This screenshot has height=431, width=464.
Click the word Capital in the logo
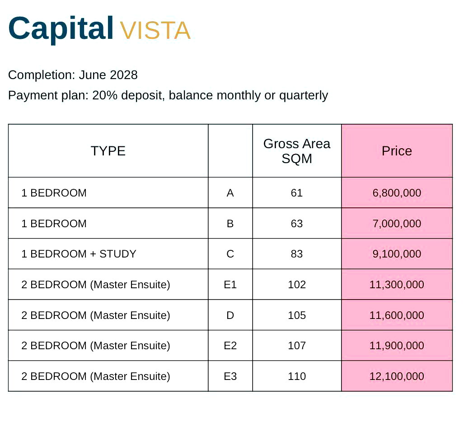[x=61, y=29]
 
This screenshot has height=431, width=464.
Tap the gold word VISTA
[x=155, y=30]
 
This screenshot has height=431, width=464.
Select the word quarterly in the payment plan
[x=304, y=95]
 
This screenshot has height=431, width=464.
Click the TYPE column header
[x=108, y=151]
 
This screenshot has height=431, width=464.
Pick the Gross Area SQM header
[x=297, y=151]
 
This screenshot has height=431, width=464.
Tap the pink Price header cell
[x=397, y=151]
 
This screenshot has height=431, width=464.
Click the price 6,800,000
[x=397, y=193]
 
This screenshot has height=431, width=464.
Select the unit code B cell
[x=230, y=223]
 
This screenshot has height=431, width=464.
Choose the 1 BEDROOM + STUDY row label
[x=79, y=254]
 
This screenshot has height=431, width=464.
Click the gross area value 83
[x=297, y=254]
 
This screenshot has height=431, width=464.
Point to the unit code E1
[x=230, y=285]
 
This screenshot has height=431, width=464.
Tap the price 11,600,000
[x=397, y=315]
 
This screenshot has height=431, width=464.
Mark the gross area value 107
[x=297, y=346]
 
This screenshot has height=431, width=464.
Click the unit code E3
[x=230, y=376]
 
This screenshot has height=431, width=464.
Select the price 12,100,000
[x=397, y=376]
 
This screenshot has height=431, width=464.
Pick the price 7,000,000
[x=397, y=223]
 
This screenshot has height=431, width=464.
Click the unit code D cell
[x=230, y=315]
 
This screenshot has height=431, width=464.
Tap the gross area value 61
[x=297, y=193]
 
